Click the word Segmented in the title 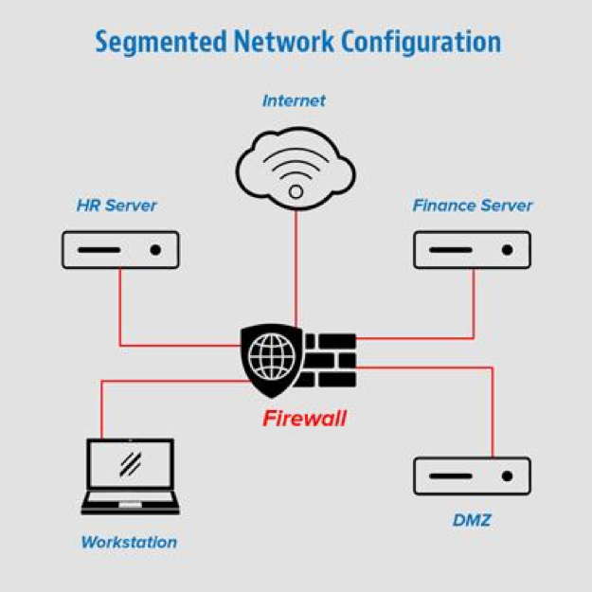pyautogui.click(x=158, y=43)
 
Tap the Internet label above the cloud pyautogui.click(x=294, y=100)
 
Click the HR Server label pyautogui.click(x=117, y=206)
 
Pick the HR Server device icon pyautogui.click(x=119, y=250)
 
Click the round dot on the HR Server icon pyautogui.click(x=155, y=250)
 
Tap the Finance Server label pyautogui.click(x=473, y=206)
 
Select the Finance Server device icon pyautogui.click(x=472, y=250)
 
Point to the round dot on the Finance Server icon pyautogui.click(x=507, y=250)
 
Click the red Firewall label pyautogui.click(x=304, y=418)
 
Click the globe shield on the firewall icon pyautogui.click(x=272, y=358)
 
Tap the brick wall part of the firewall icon pyautogui.click(x=329, y=360)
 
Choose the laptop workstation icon pyautogui.click(x=130, y=476)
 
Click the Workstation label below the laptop pyautogui.click(x=129, y=543)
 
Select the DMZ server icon pyautogui.click(x=472, y=475)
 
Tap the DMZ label pyautogui.click(x=471, y=520)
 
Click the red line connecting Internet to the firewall pyautogui.click(x=296, y=265)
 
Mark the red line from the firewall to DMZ pyautogui.click(x=493, y=407)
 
